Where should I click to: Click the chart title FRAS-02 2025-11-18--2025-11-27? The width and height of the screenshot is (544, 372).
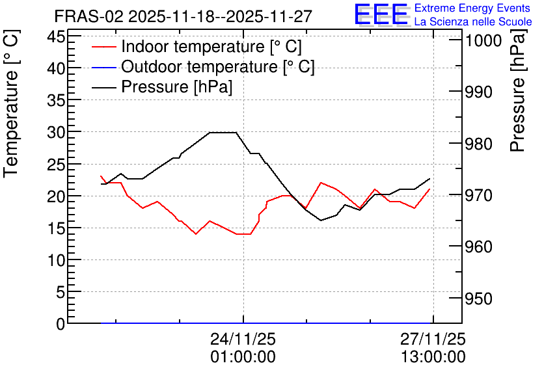pyautogui.click(x=184, y=16)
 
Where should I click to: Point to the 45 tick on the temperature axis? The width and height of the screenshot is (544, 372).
pyautogui.click(x=56, y=36)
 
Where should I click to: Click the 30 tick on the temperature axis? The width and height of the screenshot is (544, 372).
pyautogui.click(x=56, y=132)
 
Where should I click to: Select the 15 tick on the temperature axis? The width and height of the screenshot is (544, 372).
pyautogui.click(x=56, y=228)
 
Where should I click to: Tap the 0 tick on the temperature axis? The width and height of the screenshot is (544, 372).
pyautogui.click(x=61, y=324)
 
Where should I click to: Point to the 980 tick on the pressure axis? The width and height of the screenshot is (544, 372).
pyautogui.click(x=478, y=144)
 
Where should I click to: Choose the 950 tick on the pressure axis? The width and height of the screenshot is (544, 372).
pyautogui.click(x=478, y=299)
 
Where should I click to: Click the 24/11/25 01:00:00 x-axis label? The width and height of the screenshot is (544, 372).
pyautogui.click(x=243, y=347)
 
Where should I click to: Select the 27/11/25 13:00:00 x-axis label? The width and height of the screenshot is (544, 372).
pyautogui.click(x=433, y=347)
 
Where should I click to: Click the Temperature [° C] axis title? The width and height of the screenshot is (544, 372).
pyautogui.click(x=11, y=103)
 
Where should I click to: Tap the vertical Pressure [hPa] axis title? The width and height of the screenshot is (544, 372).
pyautogui.click(x=518, y=90)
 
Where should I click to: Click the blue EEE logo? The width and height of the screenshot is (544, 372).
pyautogui.click(x=381, y=14)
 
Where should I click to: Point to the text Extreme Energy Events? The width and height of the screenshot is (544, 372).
pyautogui.click(x=472, y=8)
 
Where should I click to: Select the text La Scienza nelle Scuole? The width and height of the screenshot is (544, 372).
pyautogui.click(x=473, y=21)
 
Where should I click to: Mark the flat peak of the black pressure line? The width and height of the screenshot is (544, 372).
pyautogui.click(x=223, y=133)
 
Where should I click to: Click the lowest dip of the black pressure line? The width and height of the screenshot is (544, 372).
pyautogui.click(x=321, y=220)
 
